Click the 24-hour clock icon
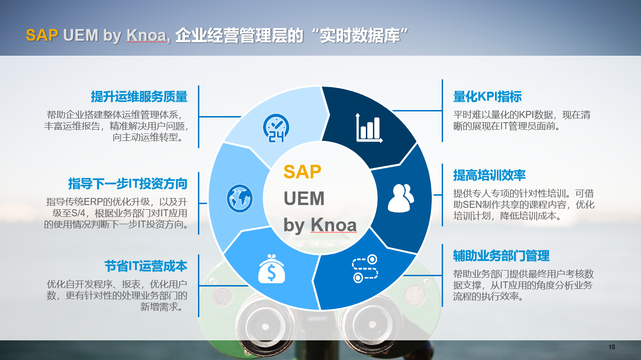pyautogui.click(x=276, y=128)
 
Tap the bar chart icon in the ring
pyautogui.click(x=369, y=128)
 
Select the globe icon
pyautogui.click(x=240, y=198)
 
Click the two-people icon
pyautogui.click(x=401, y=198)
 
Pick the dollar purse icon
pyautogui.click(x=271, y=269)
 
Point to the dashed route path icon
pyautogui.click(x=365, y=269)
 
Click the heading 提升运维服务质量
pyautogui.click(x=139, y=96)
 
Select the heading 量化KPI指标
pyautogui.click(x=488, y=96)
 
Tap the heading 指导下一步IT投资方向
pyautogui.click(x=128, y=184)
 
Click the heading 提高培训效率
pyautogui.click(x=489, y=175)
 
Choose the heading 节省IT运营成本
pyautogui.click(x=146, y=266)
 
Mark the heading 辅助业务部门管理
pyautogui.click(x=502, y=256)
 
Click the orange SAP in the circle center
pyautogui.click(x=302, y=172)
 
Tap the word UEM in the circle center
pyautogui.click(x=304, y=198)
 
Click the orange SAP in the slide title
pyautogui.click(x=42, y=35)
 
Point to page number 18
pyautogui.click(x=612, y=347)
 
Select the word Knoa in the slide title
pyautogui.click(x=146, y=36)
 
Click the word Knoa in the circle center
pyautogui.click(x=334, y=225)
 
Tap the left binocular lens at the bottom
pyautogui.click(x=265, y=326)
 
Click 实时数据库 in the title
pyautogui.click(x=360, y=36)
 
